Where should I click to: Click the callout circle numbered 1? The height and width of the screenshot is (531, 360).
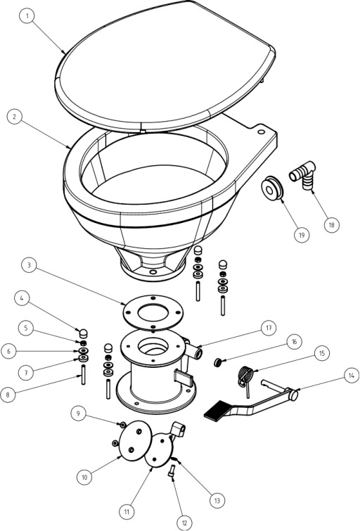pyautogui.click(x=27, y=15)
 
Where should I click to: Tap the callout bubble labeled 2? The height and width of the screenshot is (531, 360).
pyautogui.click(x=15, y=117)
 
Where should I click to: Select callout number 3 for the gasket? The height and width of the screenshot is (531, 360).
pyautogui.click(x=29, y=265)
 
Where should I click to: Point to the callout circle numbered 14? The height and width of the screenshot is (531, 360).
pyautogui.click(x=351, y=376)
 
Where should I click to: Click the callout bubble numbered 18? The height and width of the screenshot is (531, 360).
pyautogui.click(x=332, y=225)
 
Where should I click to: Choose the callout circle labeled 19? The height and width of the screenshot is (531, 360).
pyautogui.click(x=302, y=234)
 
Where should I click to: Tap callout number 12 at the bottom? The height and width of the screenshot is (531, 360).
pyautogui.click(x=184, y=523)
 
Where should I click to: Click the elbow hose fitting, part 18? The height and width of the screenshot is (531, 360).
pyautogui.click(x=302, y=176)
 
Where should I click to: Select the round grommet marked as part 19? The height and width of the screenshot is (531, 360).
pyautogui.click(x=272, y=188)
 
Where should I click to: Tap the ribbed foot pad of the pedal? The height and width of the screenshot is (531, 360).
pyautogui.click(x=217, y=411)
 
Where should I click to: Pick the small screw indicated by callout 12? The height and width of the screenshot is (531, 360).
pyautogui.click(x=172, y=471)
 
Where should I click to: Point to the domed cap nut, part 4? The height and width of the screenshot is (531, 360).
pyautogui.click(x=83, y=333)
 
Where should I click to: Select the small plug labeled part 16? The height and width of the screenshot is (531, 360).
pyautogui.click(x=217, y=363)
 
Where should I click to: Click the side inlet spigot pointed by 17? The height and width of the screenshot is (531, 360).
pyautogui.click(x=195, y=351)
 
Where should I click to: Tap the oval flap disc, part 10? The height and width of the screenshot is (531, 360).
pyautogui.click(x=136, y=440)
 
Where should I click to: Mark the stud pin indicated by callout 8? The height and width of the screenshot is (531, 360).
pyautogui.click(x=83, y=374)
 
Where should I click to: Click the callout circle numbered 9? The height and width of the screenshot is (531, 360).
pyautogui.click(x=79, y=414)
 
